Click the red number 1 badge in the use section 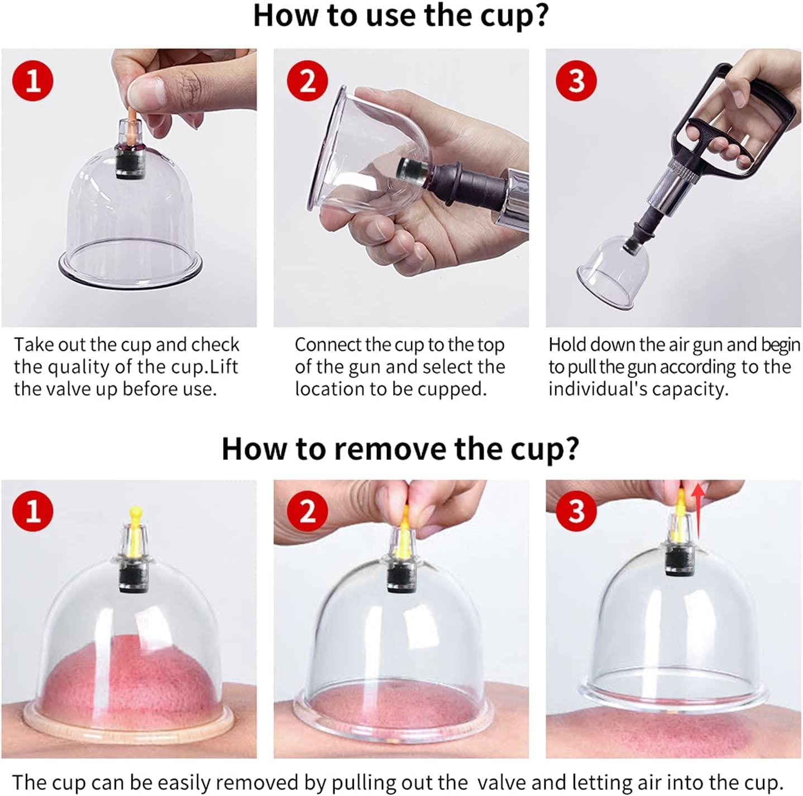(33, 81)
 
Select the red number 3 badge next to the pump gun (576, 81)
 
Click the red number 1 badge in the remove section (33, 511)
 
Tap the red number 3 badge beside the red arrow (576, 511)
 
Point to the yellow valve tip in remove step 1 (135, 511)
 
